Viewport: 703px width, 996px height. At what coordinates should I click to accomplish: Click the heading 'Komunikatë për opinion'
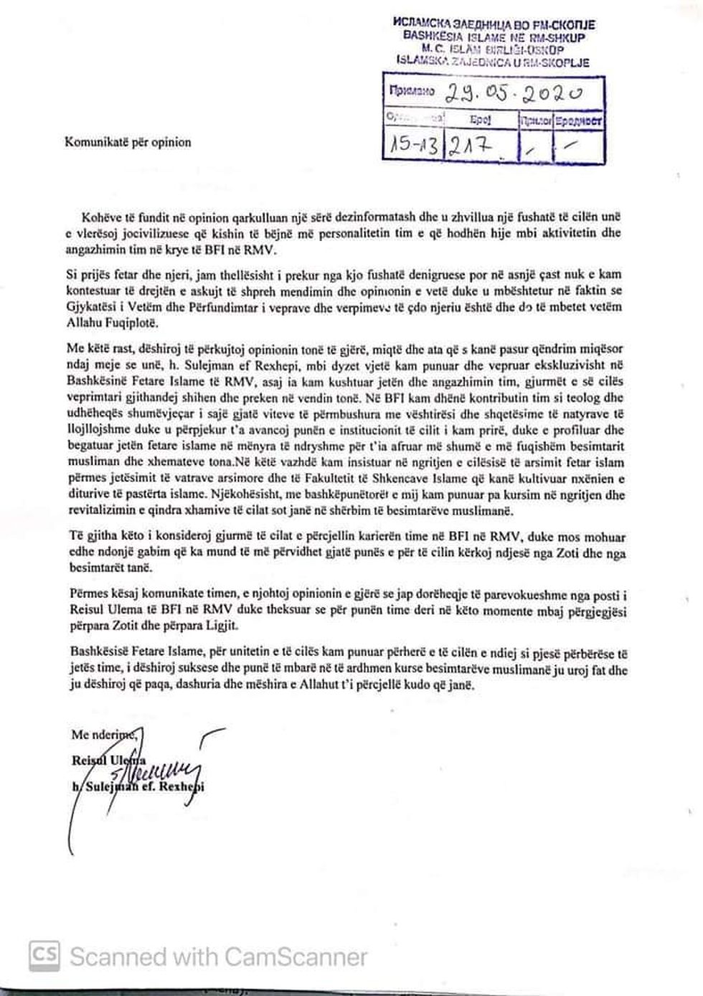pyautogui.click(x=128, y=142)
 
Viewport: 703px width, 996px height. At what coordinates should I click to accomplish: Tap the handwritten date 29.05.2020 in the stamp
pyautogui.click(x=514, y=92)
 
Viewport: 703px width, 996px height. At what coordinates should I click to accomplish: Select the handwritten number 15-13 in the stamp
pyautogui.click(x=413, y=146)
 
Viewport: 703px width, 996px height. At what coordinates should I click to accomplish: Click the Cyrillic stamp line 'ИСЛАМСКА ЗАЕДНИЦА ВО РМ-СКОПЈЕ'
pyautogui.click(x=494, y=24)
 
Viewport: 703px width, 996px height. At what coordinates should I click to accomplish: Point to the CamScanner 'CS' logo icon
pyautogui.click(x=44, y=956)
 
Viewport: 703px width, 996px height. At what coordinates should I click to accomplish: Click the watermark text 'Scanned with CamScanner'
pyautogui.click(x=218, y=957)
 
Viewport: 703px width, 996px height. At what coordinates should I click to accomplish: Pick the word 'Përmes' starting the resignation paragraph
pyautogui.click(x=88, y=594)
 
